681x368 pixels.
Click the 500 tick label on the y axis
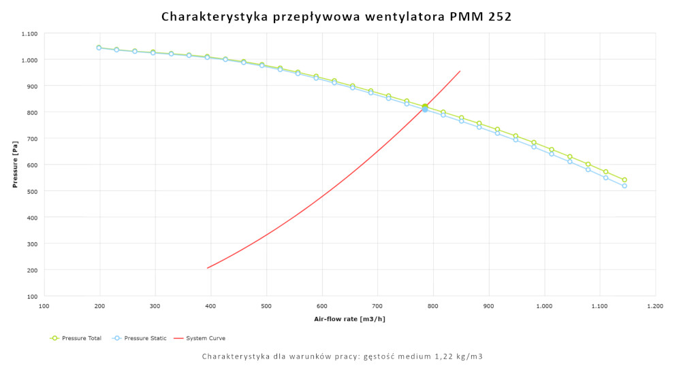(32, 191)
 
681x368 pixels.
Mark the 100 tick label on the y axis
(32, 297)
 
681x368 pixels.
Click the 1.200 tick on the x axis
(655, 307)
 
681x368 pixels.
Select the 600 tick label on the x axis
(322, 307)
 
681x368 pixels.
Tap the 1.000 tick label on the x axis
(544, 307)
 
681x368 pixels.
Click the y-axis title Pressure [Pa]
(14, 165)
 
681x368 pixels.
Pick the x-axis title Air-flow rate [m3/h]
(349, 318)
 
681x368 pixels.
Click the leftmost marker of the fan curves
(99, 48)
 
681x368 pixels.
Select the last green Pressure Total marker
(624, 180)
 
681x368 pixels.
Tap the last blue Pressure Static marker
(624, 186)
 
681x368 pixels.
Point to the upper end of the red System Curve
(460, 71)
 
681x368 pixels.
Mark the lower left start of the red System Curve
(208, 268)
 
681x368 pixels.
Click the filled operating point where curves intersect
(425, 107)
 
